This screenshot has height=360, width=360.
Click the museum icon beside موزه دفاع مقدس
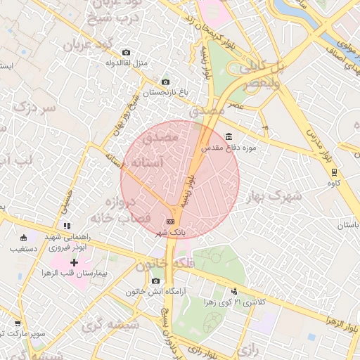[229, 136]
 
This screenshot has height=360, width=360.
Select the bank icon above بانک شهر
[170, 221]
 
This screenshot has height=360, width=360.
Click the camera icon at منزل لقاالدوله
[126, 53]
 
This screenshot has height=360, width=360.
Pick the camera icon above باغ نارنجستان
[165, 82]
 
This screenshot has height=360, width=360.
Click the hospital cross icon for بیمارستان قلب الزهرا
[75, 262]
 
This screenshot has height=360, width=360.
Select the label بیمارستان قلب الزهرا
[73, 272]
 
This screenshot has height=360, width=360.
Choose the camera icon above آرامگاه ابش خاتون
[155, 281]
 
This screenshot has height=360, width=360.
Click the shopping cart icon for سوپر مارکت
[18, 324]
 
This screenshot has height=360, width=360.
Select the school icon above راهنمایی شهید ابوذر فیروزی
[67, 226]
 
